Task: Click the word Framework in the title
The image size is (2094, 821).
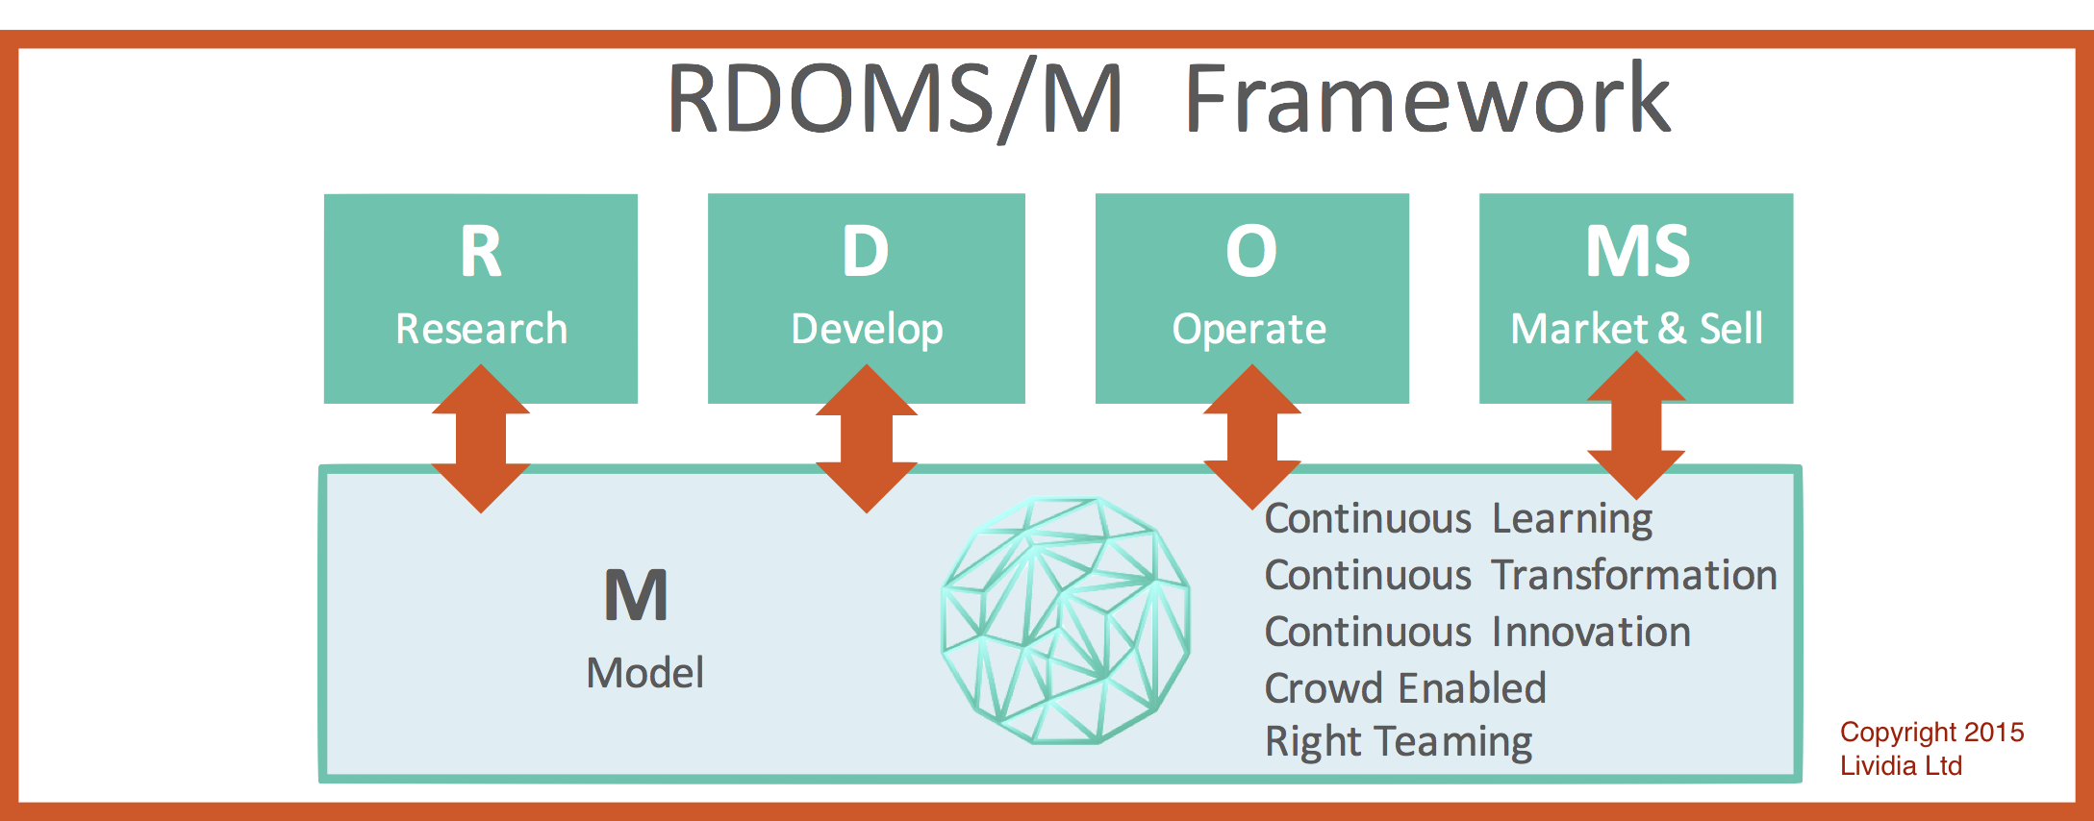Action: click(x=1428, y=98)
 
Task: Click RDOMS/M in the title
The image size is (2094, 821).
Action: click(x=895, y=98)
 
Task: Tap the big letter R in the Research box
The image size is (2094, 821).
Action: click(x=481, y=251)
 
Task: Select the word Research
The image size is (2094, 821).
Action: click(x=481, y=329)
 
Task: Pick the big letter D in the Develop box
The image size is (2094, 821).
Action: click(x=866, y=251)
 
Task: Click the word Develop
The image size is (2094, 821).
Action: click(x=867, y=330)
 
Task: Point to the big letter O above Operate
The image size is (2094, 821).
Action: click(x=1251, y=251)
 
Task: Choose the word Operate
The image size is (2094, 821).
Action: click(x=1249, y=330)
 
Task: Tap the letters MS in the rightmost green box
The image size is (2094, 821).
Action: click(x=1637, y=251)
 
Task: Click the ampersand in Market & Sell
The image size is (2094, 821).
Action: click(x=1673, y=329)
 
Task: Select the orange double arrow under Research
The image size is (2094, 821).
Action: click(x=481, y=438)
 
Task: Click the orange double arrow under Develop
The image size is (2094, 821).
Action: click(x=867, y=438)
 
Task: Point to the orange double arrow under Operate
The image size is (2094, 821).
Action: click(x=1251, y=436)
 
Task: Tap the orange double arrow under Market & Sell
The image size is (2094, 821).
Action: click(x=1636, y=425)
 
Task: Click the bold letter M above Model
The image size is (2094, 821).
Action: click(x=636, y=595)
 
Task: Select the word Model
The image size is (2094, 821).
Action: click(x=645, y=672)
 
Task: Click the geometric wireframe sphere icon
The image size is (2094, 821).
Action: click(x=1065, y=620)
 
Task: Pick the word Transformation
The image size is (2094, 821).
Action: click(x=1634, y=575)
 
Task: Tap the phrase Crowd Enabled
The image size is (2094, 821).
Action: click(x=1405, y=688)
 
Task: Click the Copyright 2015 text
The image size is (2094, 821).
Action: click(x=1932, y=733)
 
